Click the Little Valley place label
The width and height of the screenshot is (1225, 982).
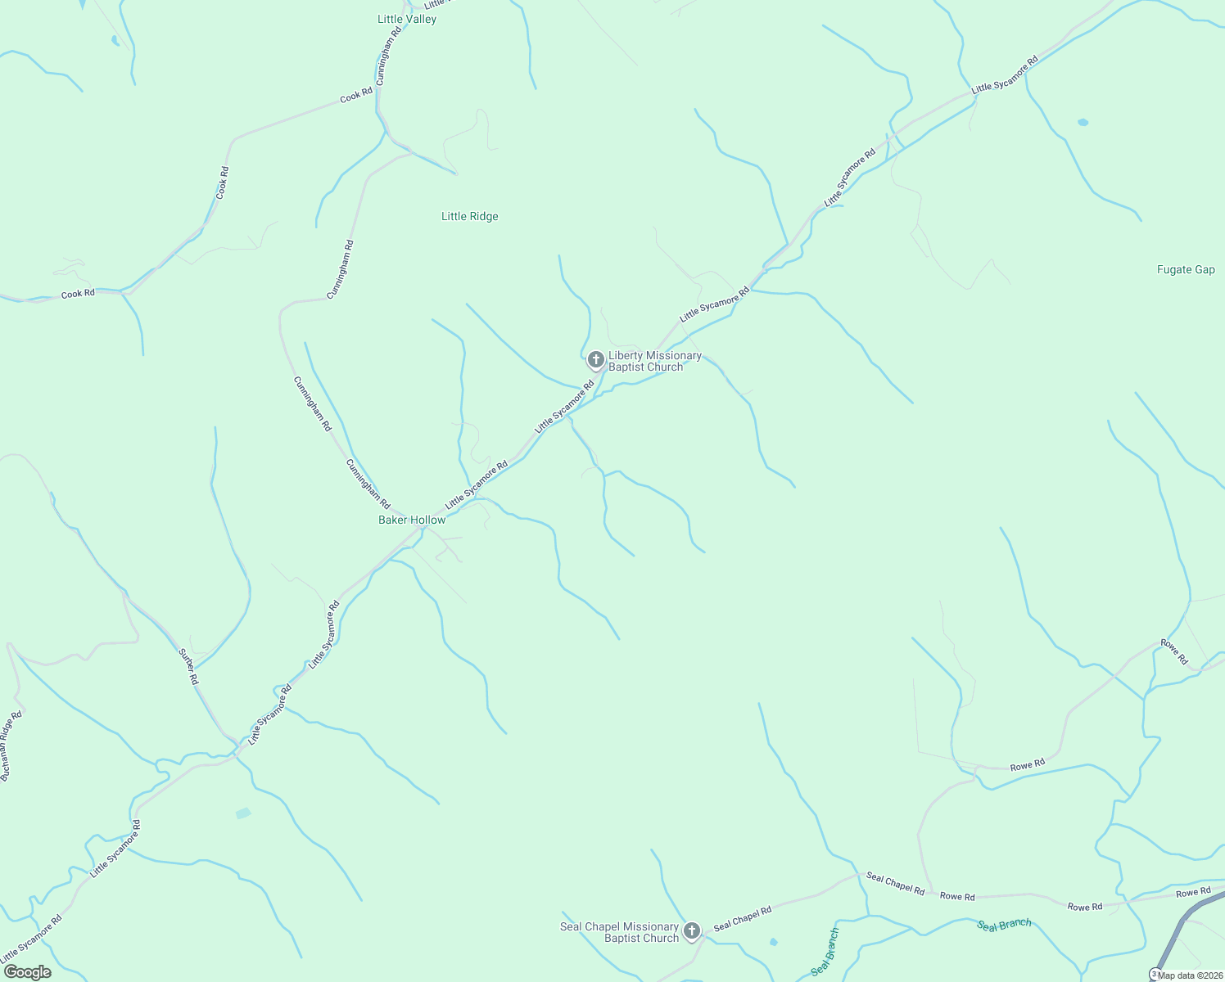407,19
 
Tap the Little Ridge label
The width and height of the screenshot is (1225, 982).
469,216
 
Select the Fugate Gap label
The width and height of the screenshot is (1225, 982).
1186,269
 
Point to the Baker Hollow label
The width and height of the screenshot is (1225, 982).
412,520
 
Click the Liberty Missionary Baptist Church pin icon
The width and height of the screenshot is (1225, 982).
596,359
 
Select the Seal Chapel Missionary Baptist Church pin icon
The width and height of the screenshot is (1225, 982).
692,930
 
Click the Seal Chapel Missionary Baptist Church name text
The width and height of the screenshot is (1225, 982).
620,932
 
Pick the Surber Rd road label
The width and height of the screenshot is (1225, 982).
188,666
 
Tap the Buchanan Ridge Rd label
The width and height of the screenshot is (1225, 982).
11,746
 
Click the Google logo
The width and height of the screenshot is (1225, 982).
27,972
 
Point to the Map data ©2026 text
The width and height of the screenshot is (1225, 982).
1190,975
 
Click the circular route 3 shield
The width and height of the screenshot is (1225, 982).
1154,974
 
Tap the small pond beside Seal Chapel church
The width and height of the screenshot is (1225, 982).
774,942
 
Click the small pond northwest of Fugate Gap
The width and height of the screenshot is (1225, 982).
1083,122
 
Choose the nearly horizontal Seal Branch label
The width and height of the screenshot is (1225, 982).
1004,924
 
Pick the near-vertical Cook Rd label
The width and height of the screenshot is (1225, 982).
223,182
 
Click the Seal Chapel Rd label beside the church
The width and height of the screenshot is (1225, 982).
742,918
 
